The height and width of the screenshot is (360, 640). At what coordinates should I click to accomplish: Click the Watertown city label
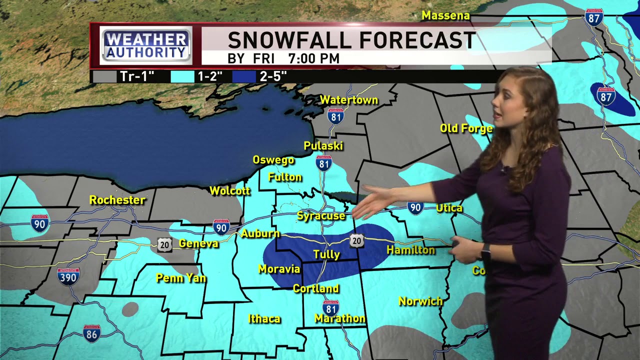pyautogui.click(x=348, y=100)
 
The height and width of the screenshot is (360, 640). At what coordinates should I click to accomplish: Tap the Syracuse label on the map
pyautogui.click(x=321, y=216)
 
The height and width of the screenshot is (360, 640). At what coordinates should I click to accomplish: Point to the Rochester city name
pyautogui.click(x=117, y=200)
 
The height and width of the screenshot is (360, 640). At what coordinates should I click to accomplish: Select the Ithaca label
pyautogui.click(x=264, y=319)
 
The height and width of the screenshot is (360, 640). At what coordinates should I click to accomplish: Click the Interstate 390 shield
pyautogui.click(x=68, y=276)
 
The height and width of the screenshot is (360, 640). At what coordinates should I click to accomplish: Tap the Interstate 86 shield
pyautogui.click(x=91, y=333)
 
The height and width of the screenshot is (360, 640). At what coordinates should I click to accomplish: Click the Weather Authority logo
pyautogui.click(x=146, y=45)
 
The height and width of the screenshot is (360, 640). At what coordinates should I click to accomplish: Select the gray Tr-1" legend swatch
pyautogui.click(x=104, y=76)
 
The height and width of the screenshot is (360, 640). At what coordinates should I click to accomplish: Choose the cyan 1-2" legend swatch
pyautogui.click(x=182, y=76)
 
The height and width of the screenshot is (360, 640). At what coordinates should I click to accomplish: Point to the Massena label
pyautogui.click(x=445, y=15)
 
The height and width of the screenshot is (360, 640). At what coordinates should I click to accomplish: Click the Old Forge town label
pyautogui.click(x=466, y=128)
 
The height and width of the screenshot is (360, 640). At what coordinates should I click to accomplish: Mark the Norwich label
pyautogui.click(x=420, y=301)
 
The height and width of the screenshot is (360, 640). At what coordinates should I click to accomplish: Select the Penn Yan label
pyautogui.click(x=181, y=278)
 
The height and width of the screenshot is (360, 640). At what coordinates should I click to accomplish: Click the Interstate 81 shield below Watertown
pyautogui.click(x=335, y=116)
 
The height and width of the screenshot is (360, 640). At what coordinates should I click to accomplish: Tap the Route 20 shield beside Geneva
pyautogui.click(x=164, y=244)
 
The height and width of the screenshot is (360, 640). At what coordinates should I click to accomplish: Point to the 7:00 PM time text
pyautogui.click(x=313, y=59)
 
